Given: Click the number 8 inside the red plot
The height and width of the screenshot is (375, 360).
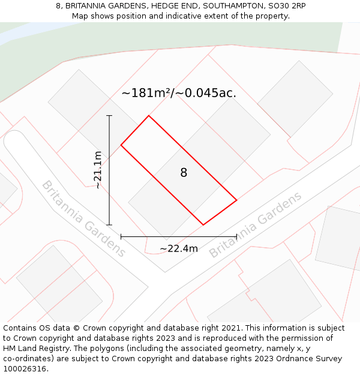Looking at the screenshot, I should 184,173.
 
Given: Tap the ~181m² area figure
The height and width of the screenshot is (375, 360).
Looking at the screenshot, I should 146,93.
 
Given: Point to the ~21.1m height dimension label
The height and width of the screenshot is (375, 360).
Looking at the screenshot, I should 97,170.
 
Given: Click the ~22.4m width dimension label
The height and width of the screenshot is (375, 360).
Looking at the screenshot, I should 179,248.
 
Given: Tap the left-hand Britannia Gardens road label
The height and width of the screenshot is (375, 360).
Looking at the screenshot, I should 83,218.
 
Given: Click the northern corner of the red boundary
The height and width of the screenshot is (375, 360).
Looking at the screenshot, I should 148,116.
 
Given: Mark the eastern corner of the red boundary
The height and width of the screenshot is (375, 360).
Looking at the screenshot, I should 236,200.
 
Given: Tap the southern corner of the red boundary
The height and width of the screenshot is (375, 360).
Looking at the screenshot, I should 203,225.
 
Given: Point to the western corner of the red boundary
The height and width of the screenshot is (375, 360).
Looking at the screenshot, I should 121,145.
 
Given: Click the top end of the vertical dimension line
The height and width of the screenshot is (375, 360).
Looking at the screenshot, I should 109,115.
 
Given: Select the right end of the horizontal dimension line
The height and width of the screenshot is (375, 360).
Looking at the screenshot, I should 236,236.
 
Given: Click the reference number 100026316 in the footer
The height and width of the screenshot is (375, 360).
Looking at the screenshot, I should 24,368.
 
